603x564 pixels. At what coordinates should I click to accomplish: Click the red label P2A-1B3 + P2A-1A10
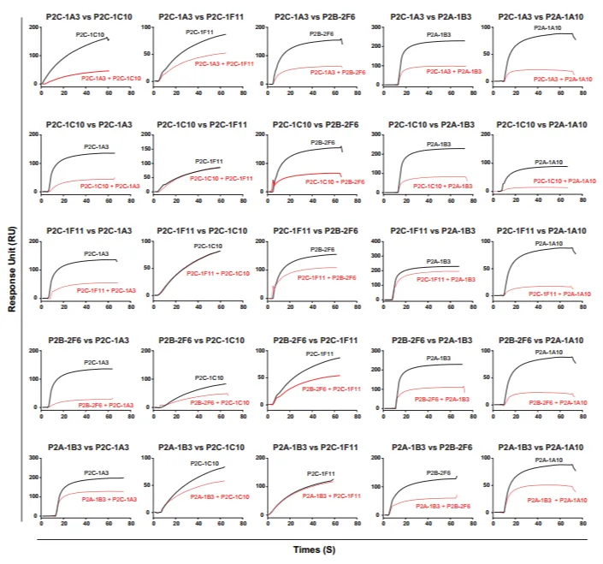coord(547,499)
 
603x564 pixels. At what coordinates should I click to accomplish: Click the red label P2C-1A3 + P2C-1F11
coord(222,63)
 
